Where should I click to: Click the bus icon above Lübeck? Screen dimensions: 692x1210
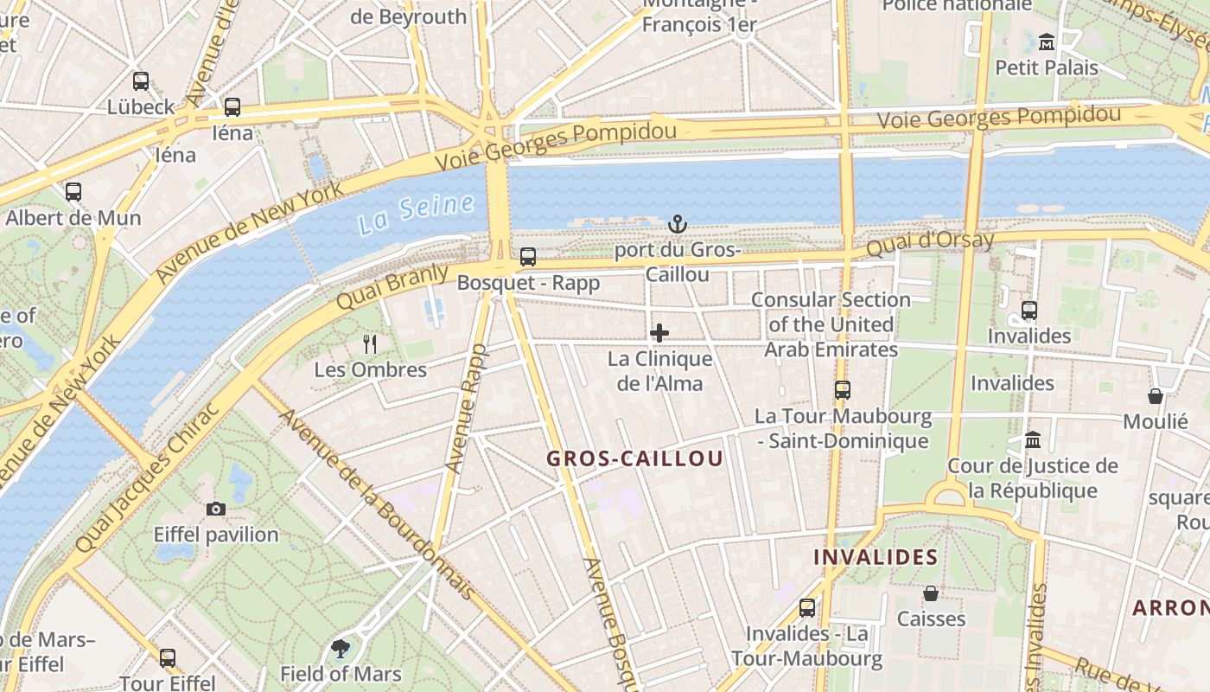tap(141, 81)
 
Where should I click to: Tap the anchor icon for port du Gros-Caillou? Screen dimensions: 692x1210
tap(678, 224)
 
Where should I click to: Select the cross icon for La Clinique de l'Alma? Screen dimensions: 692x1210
tap(659, 333)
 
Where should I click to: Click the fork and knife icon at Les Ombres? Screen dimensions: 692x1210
tap(370, 344)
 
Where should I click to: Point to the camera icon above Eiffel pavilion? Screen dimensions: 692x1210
tap(216, 509)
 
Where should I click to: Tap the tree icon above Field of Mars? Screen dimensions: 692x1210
tap(341, 648)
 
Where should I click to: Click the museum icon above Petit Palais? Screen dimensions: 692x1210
tap(1047, 42)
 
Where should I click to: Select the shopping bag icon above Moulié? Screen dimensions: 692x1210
tap(1156, 396)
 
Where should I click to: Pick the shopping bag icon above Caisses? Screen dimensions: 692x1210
tap(931, 593)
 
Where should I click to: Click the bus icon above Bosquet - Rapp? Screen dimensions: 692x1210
tap(528, 257)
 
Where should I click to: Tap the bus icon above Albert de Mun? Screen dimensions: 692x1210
tap(73, 192)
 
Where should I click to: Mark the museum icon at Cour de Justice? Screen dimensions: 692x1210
tap(1033, 440)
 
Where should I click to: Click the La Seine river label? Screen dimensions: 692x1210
tap(417, 214)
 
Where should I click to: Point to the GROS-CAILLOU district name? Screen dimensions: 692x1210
tap(634, 458)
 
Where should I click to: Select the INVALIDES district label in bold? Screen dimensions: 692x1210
tap(876, 557)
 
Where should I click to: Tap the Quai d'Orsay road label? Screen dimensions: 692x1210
tap(930, 245)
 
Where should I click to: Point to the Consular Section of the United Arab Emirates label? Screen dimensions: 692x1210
tap(831, 324)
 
